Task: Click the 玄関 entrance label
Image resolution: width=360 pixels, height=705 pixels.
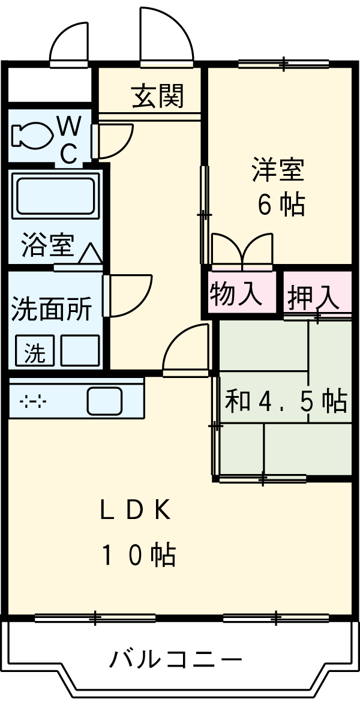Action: pyautogui.click(x=157, y=96)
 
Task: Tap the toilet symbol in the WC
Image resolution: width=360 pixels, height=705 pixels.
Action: pyautogui.click(x=31, y=135)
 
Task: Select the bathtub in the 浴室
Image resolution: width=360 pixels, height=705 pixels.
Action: pyautogui.click(x=55, y=197)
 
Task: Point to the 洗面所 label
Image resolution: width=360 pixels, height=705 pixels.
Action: pyautogui.click(x=52, y=309)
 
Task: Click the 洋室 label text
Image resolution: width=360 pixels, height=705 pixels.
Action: pyautogui.click(x=277, y=170)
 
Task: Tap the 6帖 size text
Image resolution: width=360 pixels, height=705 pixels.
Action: pyautogui.click(x=281, y=205)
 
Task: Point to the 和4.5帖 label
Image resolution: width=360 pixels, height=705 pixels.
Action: pyautogui.click(x=286, y=401)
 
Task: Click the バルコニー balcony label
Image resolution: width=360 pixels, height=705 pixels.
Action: pyautogui.click(x=175, y=660)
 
